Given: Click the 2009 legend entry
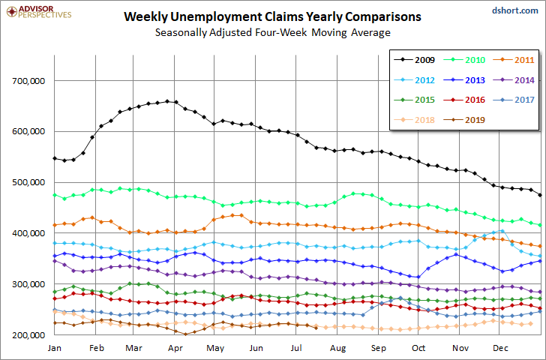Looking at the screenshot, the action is [414, 60].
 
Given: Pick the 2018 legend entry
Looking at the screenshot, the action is [414, 120].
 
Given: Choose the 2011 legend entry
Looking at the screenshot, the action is [514, 60].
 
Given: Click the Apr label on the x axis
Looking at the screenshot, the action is [175, 348].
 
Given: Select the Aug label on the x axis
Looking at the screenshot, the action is [337, 348].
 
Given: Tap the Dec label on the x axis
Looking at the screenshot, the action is [500, 348].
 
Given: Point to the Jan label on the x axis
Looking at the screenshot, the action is [54, 348].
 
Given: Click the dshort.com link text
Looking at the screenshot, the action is [515, 10].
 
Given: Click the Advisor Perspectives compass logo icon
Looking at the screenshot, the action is [12, 12].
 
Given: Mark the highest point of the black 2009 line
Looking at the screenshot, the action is [167, 101].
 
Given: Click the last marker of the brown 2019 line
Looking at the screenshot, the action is [316, 328].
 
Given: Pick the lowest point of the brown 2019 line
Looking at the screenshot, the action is [185, 334].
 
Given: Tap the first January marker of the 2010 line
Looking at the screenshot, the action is [54, 195].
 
